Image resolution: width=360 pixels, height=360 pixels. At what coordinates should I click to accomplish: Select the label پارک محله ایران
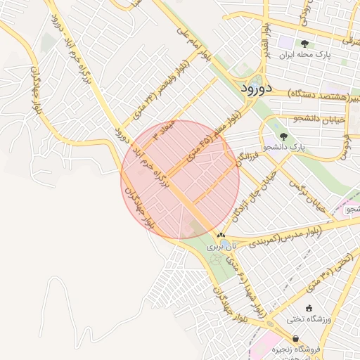point(304,54)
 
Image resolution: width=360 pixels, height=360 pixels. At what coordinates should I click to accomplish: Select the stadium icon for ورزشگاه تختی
point(309,308)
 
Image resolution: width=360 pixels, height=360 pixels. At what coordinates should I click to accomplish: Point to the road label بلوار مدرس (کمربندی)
point(285,236)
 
